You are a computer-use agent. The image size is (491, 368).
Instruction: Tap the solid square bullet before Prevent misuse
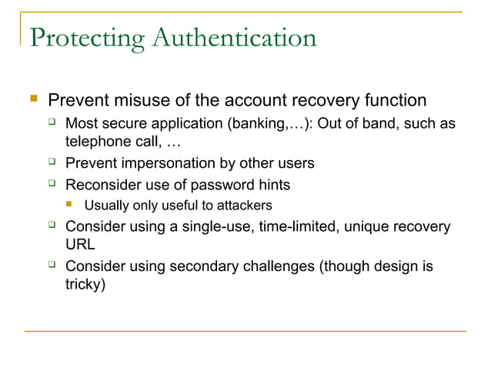pyautogui.click(x=32, y=100)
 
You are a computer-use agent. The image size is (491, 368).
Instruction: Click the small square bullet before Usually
pyautogui.click(x=70, y=206)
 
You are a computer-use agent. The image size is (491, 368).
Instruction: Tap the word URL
pyautogui.click(x=80, y=245)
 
